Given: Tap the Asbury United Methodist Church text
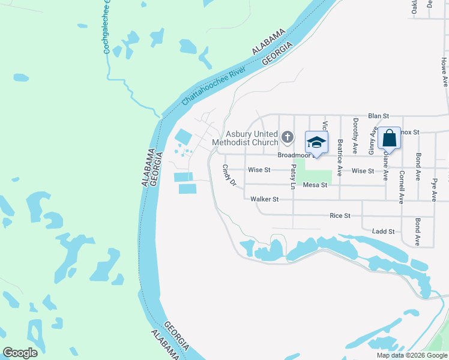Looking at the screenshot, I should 252,138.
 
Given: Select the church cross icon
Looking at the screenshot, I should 288,137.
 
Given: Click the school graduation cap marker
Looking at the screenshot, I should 317,143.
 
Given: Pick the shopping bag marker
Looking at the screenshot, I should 390,139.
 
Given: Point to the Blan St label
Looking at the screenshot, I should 379,115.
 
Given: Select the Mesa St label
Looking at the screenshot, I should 315,185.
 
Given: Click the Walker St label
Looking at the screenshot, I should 265,199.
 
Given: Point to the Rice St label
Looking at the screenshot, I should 340,215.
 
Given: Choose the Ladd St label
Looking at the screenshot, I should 383,231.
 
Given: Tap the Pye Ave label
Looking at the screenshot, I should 434,188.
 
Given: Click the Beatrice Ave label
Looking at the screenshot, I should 340,157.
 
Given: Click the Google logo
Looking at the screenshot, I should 20,352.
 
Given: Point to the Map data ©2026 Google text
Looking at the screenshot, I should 412,355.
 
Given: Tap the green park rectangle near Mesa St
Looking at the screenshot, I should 322,175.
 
